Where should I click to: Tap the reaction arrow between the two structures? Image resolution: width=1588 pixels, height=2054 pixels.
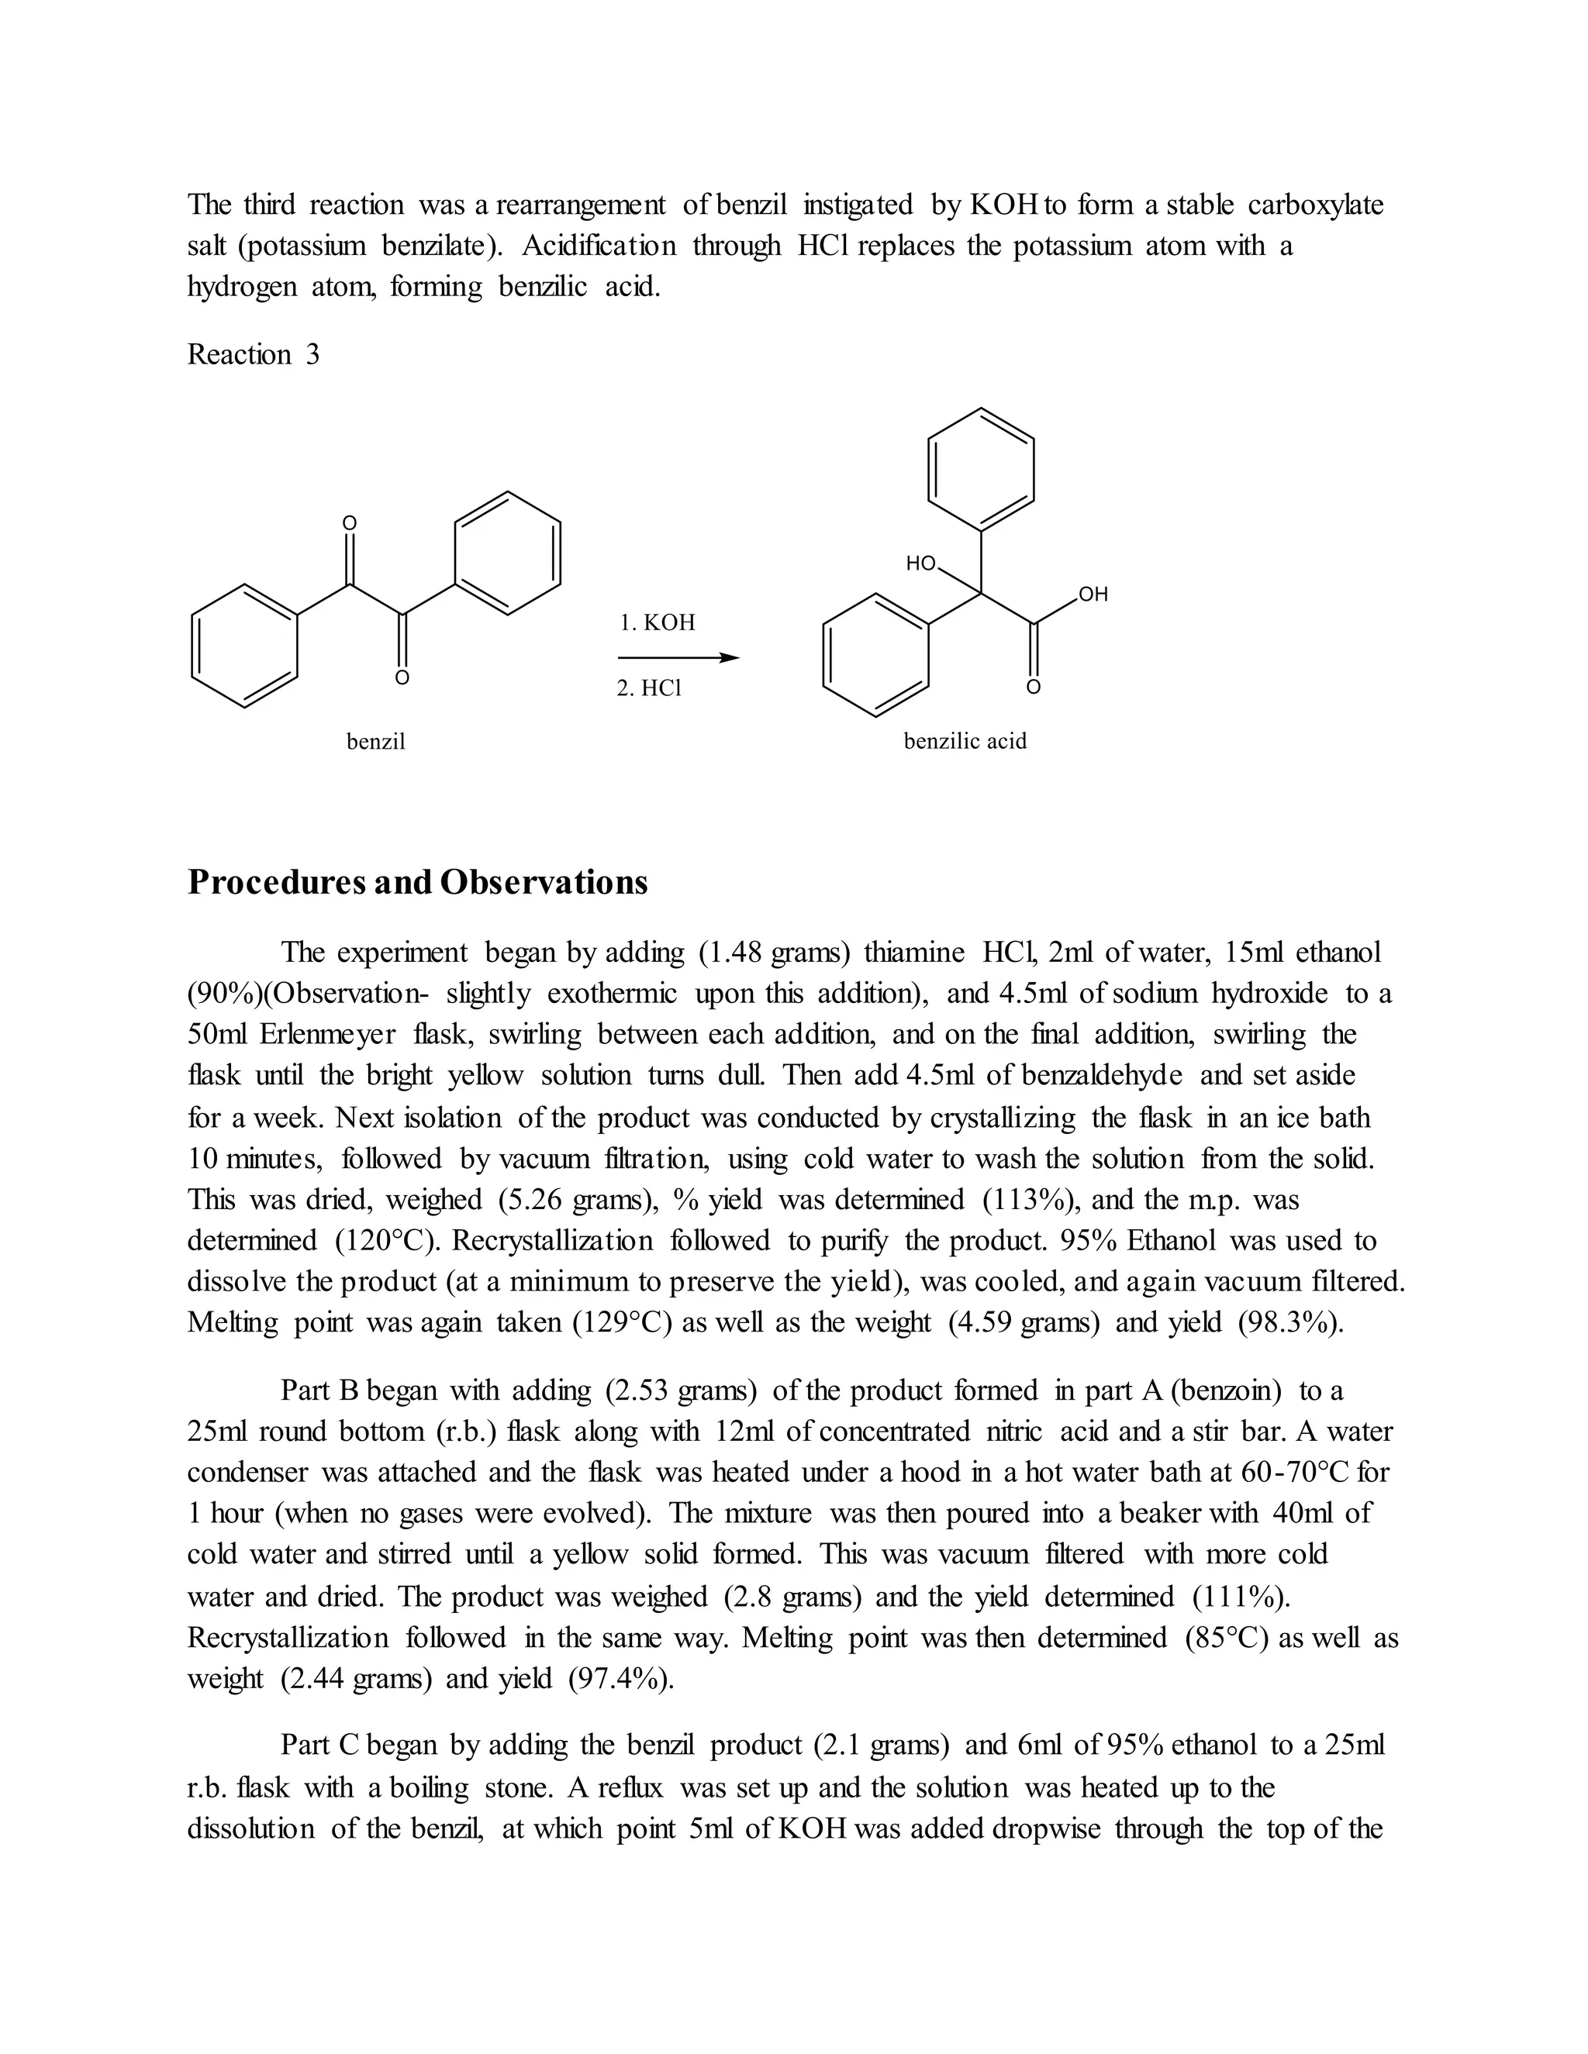678,658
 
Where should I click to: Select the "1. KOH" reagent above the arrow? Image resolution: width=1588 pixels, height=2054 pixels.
658,622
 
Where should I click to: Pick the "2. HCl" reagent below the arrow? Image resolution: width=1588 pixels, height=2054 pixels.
649,688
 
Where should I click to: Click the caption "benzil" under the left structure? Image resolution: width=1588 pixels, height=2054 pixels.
375,742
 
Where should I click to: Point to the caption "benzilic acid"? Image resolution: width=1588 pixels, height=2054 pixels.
965,741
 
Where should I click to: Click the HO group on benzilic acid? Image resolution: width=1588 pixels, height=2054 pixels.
921,564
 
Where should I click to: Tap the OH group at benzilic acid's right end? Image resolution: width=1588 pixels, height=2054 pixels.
1093,594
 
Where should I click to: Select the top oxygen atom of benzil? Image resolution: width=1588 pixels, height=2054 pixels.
349,523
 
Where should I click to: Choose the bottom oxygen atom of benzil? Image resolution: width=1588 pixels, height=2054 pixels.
402,678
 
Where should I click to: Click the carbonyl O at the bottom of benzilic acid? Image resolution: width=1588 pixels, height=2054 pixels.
1033,688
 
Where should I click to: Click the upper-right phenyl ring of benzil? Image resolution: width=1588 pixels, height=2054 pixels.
508,553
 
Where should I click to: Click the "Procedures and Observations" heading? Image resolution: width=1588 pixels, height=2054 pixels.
418,882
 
